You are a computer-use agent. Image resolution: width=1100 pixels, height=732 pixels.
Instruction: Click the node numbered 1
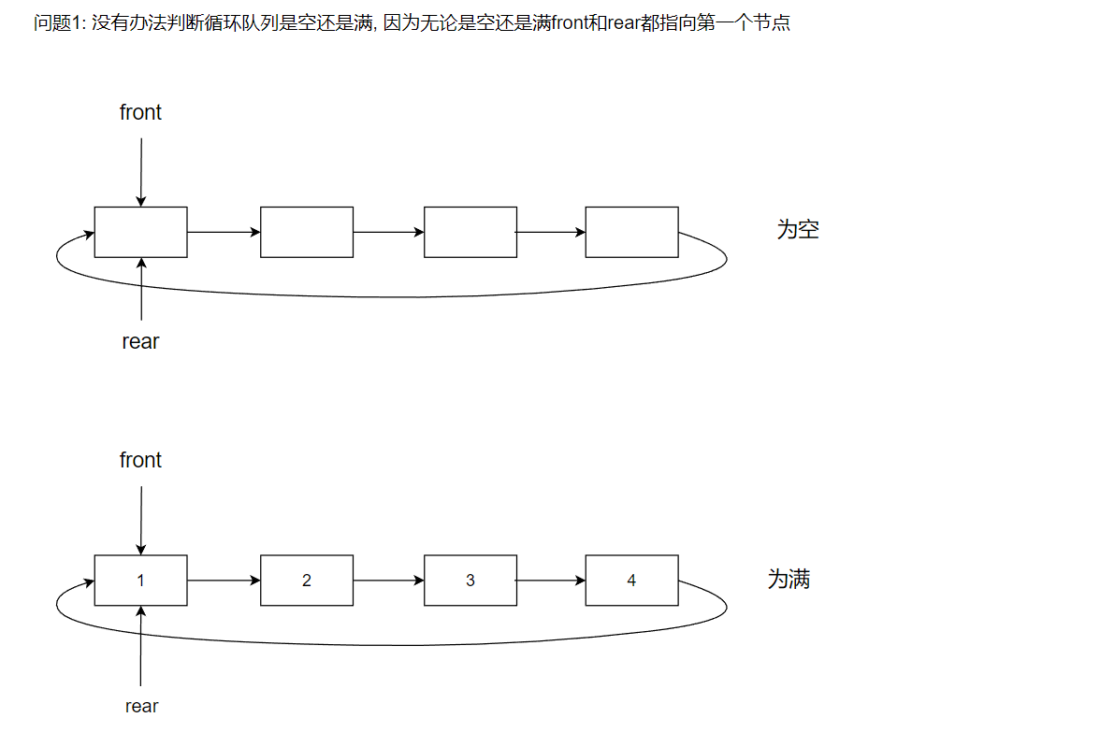point(140,581)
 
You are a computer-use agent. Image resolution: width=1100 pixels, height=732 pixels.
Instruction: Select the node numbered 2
point(307,581)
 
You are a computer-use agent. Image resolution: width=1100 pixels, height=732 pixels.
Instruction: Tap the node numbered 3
point(470,581)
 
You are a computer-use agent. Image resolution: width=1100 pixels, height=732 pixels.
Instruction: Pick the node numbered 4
point(631,581)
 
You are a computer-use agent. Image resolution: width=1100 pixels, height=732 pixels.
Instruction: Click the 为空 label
point(798,230)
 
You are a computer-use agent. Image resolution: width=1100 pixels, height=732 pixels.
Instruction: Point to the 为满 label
point(789,580)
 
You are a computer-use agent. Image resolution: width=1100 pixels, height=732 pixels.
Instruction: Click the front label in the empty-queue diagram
point(140,112)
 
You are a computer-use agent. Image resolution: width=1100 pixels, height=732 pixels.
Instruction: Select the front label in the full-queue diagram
point(140,460)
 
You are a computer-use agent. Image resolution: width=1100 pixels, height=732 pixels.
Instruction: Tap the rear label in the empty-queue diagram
point(140,342)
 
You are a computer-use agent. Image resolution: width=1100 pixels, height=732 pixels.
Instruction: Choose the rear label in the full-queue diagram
point(141,707)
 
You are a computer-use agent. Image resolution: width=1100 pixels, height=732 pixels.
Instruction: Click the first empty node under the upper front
point(140,232)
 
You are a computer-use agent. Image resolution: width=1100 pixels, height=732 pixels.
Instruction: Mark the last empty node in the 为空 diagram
point(631,232)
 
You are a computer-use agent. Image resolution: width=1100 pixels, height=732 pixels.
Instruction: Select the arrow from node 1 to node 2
point(224,581)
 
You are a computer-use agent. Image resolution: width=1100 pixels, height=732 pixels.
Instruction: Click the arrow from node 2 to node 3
point(388,581)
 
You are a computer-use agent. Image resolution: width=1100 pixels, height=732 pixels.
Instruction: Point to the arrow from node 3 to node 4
point(551,581)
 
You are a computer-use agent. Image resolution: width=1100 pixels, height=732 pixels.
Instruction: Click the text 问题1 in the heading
point(59,22)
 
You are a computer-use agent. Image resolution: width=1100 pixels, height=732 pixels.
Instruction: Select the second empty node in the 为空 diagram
point(307,232)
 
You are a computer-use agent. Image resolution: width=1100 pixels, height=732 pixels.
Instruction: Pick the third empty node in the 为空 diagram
point(470,232)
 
